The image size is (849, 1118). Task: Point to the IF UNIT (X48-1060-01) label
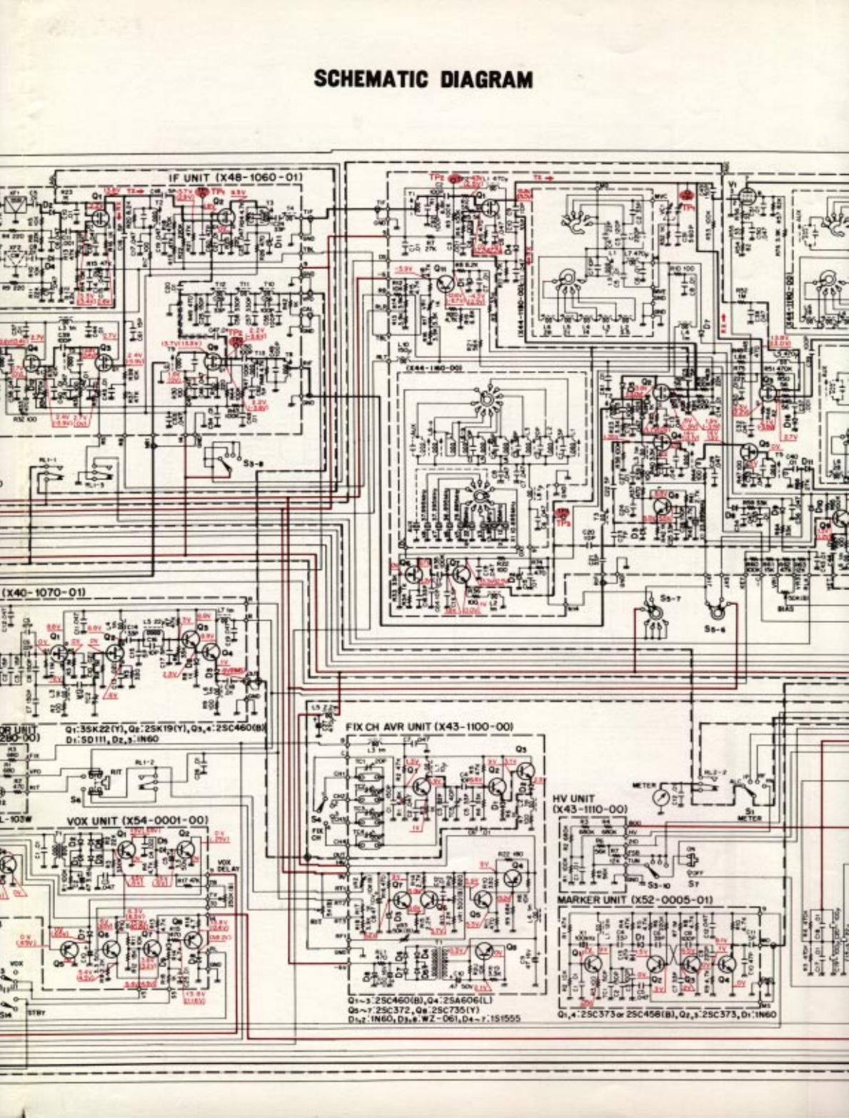pyautogui.click(x=235, y=177)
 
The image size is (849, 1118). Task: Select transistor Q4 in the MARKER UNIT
pyautogui.click(x=726, y=965)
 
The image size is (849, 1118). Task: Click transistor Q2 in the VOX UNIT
pyautogui.click(x=187, y=848)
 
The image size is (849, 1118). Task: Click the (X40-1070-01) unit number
pyautogui.click(x=44, y=592)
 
